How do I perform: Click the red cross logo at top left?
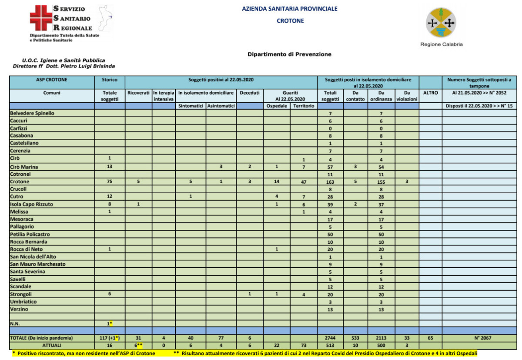click(40, 18)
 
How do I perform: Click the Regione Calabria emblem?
click(441, 22)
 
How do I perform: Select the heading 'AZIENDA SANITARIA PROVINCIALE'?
click(289, 9)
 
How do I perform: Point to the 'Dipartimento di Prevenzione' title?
click(289, 54)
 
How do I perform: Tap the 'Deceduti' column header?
click(250, 93)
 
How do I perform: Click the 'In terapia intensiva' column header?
click(164, 96)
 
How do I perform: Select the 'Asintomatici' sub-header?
click(221, 106)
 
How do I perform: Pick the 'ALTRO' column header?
click(430, 93)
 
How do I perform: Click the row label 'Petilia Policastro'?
click(30, 234)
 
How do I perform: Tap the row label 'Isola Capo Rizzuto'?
click(31, 204)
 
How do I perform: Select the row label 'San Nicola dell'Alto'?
click(33, 257)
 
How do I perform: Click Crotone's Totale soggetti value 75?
click(110, 182)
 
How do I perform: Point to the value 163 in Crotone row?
click(330, 182)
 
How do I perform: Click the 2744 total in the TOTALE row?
click(330, 338)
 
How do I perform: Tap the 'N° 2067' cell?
click(481, 338)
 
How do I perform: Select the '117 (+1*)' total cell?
click(110, 338)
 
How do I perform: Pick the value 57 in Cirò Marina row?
click(330, 167)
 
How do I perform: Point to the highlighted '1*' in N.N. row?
click(110, 324)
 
